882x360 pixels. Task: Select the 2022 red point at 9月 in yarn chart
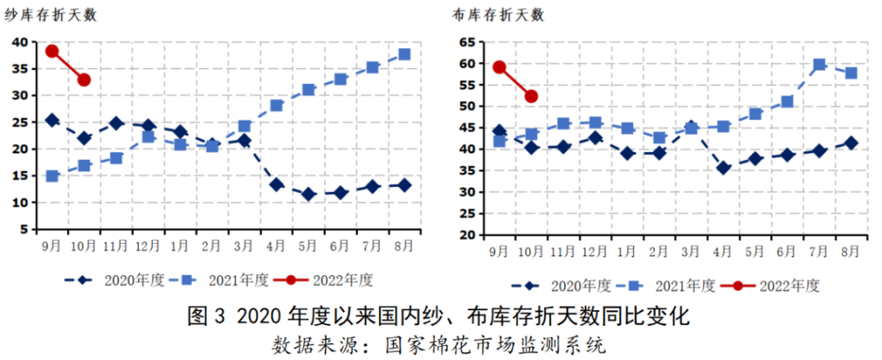(52, 51)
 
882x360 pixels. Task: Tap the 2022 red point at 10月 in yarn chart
(83, 79)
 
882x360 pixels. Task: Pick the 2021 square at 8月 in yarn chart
(403, 55)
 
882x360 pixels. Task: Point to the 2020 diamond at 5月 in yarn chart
(308, 194)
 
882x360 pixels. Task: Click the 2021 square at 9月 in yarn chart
(52, 176)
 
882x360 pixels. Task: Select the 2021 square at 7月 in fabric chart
(819, 64)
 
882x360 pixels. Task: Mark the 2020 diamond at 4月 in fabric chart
(723, 167)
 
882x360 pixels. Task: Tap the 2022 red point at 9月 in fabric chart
(499, 68)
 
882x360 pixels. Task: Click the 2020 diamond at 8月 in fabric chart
(851, 143)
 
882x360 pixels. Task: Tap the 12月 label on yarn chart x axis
(148, 244)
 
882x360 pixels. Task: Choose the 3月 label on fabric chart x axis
(691, 250)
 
